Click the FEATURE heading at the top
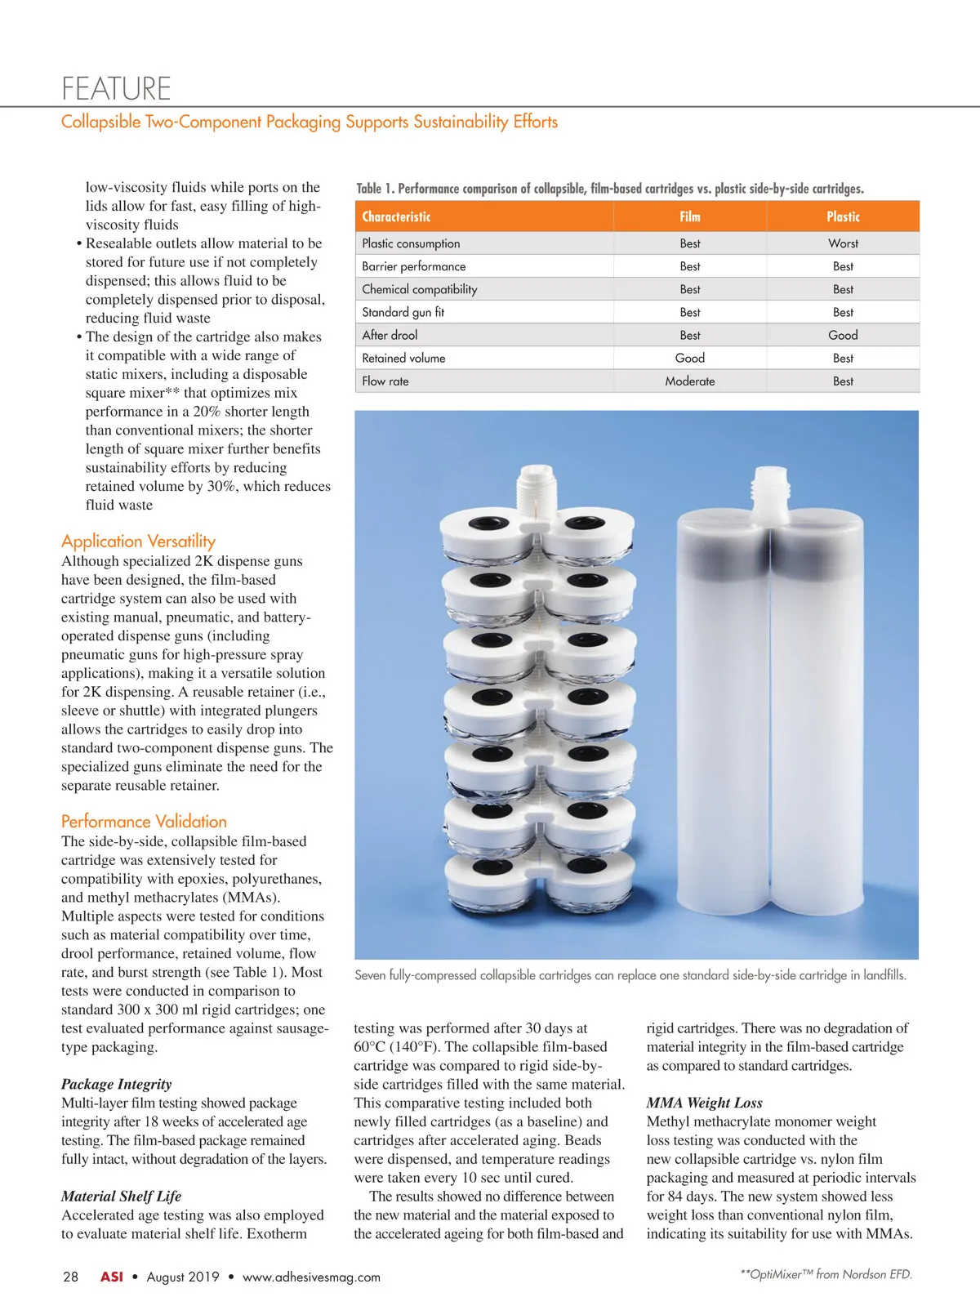[116, 88]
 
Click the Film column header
[690, 216]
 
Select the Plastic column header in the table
[843, 216]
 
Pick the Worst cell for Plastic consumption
[843, 243]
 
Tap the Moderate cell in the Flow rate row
[690, 381]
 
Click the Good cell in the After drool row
[843, 335]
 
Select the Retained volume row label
[403, 358]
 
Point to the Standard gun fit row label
[403, 312]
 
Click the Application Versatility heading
[138, 541]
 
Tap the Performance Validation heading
[144, 822]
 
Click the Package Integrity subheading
[116, 1084]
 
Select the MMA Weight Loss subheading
[704, 1103]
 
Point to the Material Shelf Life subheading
[121, 1196]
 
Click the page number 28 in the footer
[71, 1277]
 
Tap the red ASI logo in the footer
[112, 1277]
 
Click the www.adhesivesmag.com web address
[311, 1277]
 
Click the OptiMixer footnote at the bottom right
[826, 1274]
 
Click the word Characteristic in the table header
[396, 216]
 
